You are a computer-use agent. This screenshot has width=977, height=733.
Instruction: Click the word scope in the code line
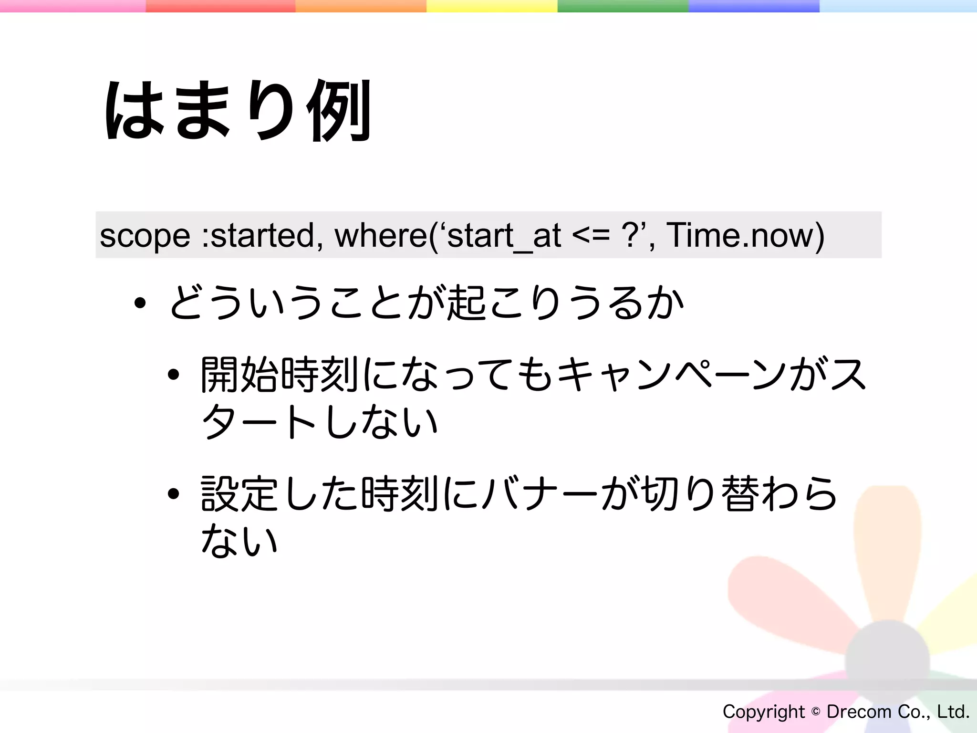(x=145, y=235)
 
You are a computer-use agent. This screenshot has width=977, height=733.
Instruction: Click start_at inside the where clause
(x=504, y=236)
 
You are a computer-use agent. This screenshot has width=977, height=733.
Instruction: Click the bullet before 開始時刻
(x=173, y=375)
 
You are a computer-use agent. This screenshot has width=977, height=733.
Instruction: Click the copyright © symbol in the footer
(x=816, y=712)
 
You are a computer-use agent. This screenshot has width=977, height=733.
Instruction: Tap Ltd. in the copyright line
(x=953, y=712)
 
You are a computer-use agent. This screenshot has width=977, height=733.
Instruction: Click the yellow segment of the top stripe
(x=491, y=6)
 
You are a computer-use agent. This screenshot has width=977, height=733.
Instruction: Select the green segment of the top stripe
(x=623, y=6)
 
